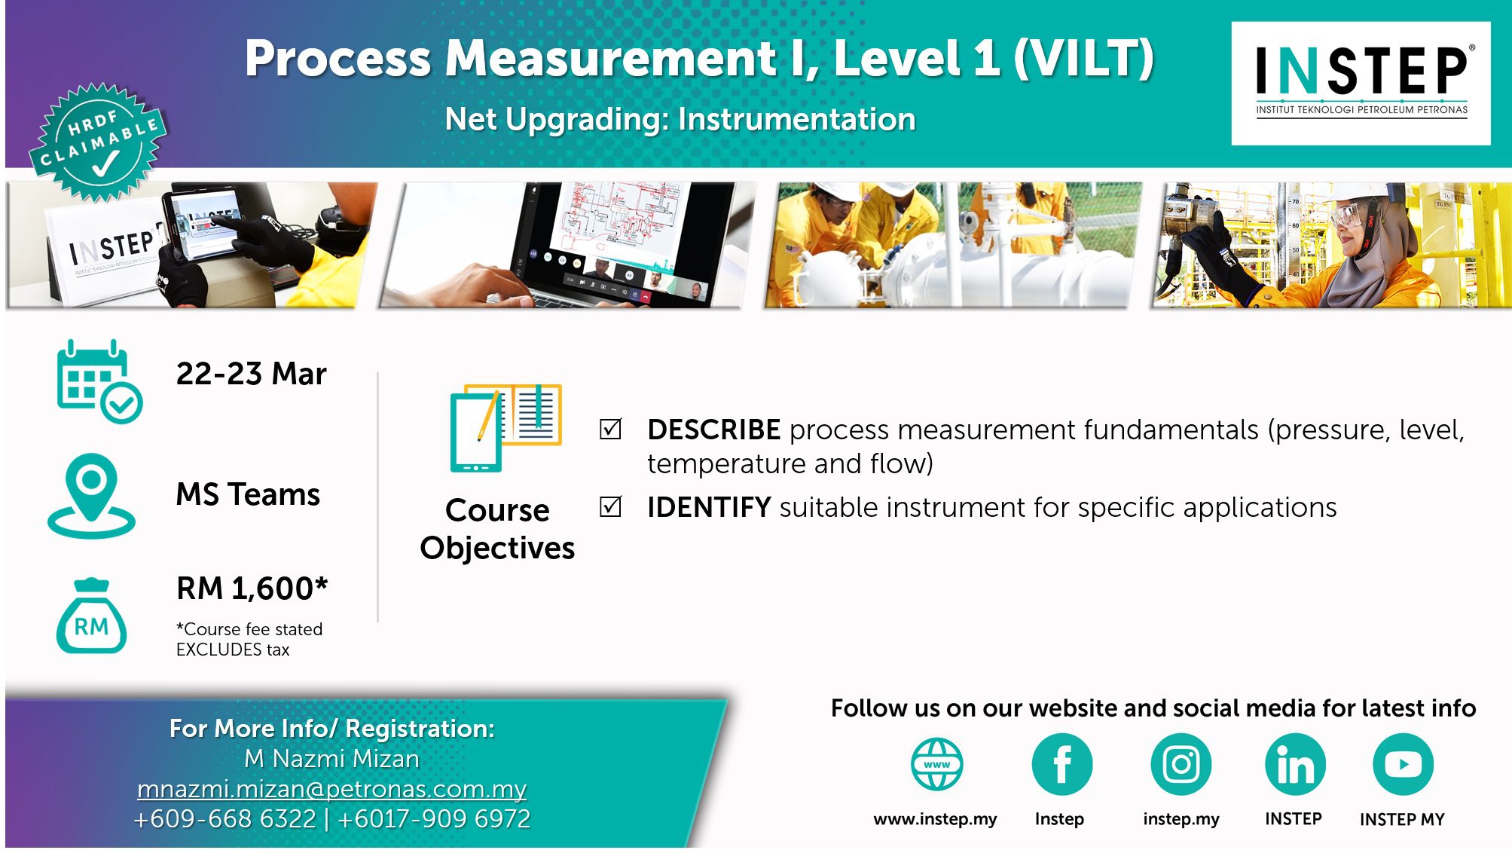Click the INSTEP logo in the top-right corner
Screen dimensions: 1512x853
tap(1361, 83)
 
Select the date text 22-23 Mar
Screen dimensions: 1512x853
tap(251, 374)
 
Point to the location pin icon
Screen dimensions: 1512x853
tap(91, 495)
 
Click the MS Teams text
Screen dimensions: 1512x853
tap(248, 494)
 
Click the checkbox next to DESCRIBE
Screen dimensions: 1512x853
tap(610, 429)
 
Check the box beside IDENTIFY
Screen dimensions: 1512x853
tap(610, 506)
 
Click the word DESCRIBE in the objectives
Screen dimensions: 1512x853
tap(713, 430)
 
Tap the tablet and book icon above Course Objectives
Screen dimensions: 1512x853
tap(506, 427)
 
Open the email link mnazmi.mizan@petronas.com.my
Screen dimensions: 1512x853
tap(331, 789)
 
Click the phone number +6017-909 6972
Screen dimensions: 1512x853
tap(434, 819)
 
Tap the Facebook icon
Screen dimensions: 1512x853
tap(1061, 764)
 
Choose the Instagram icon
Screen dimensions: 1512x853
tap(1181, 764)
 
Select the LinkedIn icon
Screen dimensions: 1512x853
tap(1295, 764)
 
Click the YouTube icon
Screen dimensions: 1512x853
tap(1403, 764)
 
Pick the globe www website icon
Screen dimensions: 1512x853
tap(936, 764)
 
